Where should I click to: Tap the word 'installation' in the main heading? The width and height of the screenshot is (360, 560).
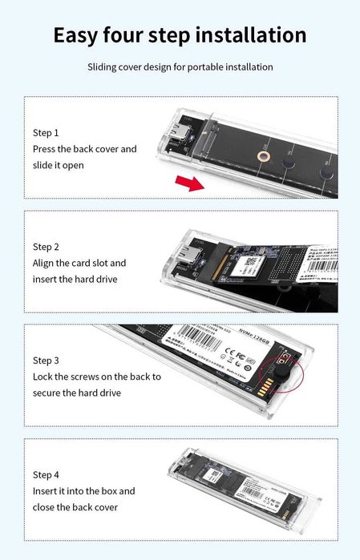pyautogui.click(x=245, y=35)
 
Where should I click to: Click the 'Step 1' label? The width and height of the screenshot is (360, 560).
pyautogui.click(x=46, y=132)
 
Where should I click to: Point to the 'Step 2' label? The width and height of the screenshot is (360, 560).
pyautogui.click(x=46, y=247)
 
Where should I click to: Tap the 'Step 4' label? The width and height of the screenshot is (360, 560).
pyautogui.click(x=46, y=475)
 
